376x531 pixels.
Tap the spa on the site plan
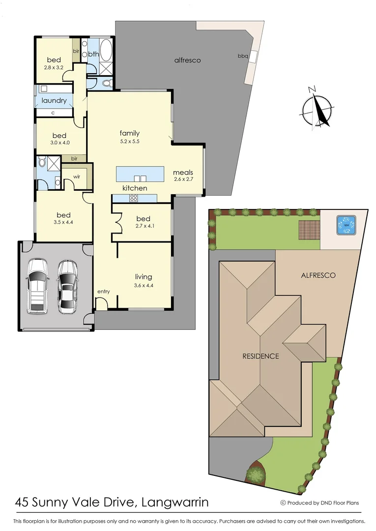tap(346, 225)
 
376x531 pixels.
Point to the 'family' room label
tap(130, 133)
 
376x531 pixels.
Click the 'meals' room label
tap(183, 173)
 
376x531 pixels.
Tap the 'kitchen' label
tap(135, 188)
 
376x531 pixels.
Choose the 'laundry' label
tap(54, 100)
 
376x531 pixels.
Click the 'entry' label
tap(103, 292)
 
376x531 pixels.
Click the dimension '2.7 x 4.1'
tap(143, 227)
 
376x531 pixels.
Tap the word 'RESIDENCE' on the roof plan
tap(260, 356)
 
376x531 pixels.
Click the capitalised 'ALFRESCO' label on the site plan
tap(318, 275)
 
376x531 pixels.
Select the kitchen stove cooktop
tap(134, 198)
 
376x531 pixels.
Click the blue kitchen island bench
tap(140, 173)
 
